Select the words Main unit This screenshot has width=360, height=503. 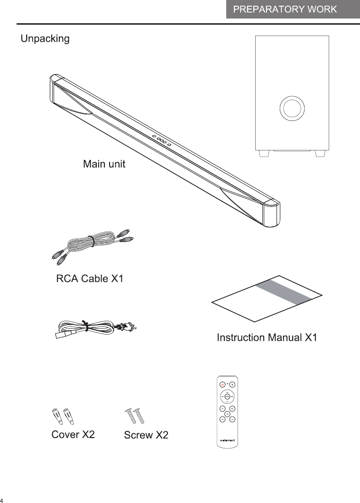[x=104, y=165]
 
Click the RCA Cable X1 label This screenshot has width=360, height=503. [x=90, y=279]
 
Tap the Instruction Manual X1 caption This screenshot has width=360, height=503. [x=267, y=338]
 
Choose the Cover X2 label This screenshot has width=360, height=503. [x=73, y=435]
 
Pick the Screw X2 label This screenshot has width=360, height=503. [x=146, y=435]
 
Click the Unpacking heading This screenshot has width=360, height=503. [x=45, y=39]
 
